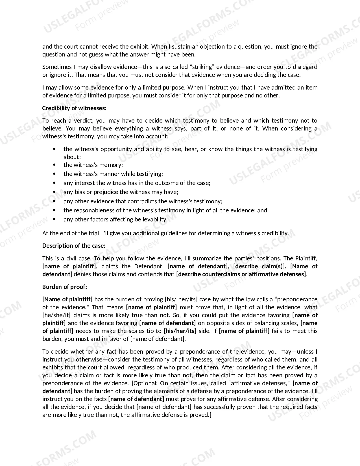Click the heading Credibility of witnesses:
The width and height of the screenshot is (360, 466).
tap(74, 108)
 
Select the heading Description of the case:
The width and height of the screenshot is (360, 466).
tap(74, 246)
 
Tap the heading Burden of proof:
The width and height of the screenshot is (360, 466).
tap(65, 287)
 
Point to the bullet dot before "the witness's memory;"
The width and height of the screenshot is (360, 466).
tap(54, 165)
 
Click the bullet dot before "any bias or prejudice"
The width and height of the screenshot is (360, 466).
tap(54, 192)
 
